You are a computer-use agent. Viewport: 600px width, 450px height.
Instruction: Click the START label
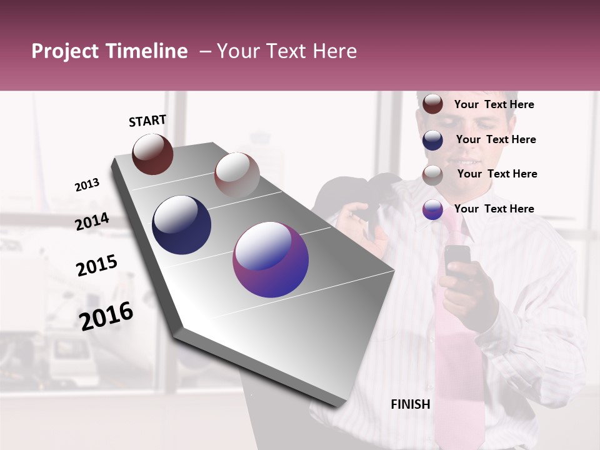147,121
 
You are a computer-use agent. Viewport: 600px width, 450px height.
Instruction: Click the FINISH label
411,404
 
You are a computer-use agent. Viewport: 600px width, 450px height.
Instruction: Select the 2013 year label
87,185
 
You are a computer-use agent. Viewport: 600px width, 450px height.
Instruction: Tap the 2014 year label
92,222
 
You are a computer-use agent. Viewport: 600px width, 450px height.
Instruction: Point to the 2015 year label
97,266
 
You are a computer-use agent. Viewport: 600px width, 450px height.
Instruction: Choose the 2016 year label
106,316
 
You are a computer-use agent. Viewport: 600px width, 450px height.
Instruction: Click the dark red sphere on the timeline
152,154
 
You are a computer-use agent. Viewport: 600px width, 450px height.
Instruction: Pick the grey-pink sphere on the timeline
237,174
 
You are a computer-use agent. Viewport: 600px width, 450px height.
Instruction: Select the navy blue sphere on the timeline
181,225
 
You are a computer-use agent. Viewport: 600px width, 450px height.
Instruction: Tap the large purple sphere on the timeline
271,259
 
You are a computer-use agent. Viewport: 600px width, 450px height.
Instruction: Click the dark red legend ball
432,104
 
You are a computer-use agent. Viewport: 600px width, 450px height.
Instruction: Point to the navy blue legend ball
432,139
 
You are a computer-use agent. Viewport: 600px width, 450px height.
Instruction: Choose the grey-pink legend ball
432,174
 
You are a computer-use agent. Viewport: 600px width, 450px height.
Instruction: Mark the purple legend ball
432,209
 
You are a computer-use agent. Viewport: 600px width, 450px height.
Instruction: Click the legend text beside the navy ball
496,139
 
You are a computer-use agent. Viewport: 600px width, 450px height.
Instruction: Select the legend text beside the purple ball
494,209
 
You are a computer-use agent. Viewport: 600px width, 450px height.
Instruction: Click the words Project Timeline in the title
109,51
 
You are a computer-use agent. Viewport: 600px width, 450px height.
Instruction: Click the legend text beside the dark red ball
494,104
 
